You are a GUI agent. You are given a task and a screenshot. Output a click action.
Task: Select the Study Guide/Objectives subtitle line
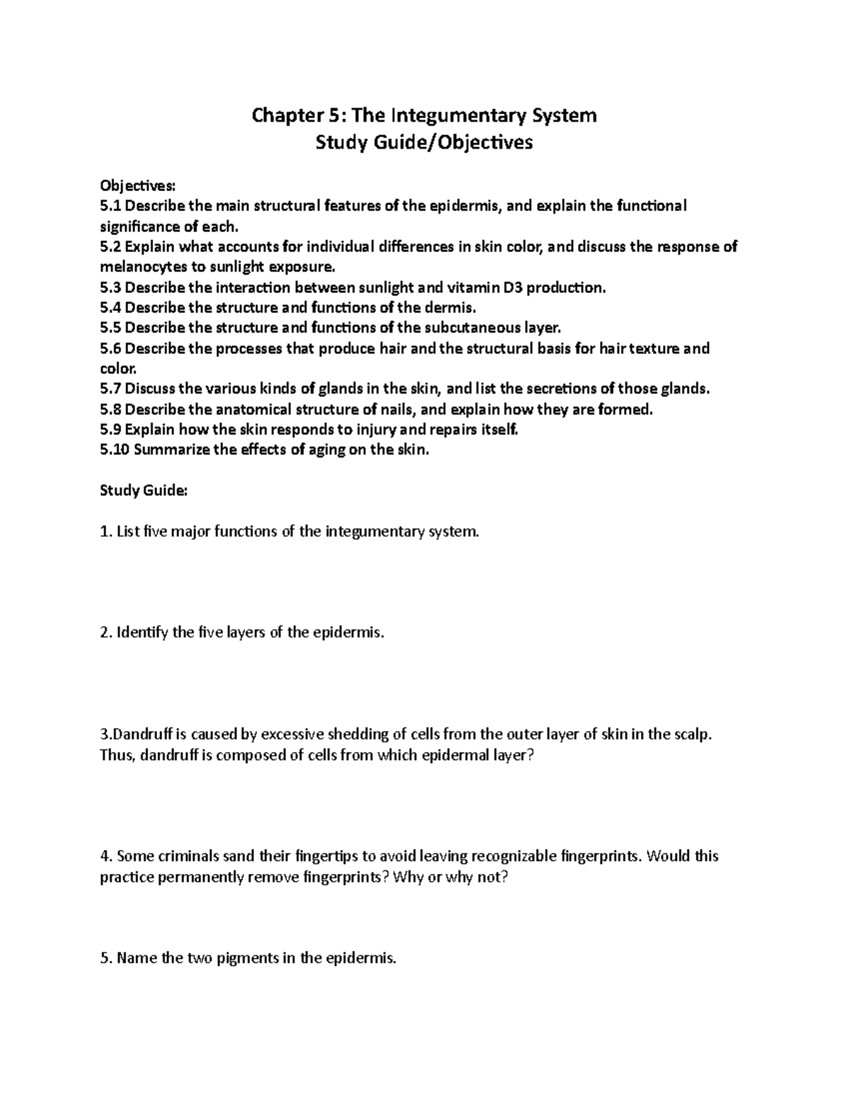point(424,143)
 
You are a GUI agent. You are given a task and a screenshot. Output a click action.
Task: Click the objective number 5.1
point(111,206)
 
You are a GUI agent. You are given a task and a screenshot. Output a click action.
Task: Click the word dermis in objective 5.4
point(448,308)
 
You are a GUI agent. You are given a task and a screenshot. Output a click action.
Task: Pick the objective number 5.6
point(111,349)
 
